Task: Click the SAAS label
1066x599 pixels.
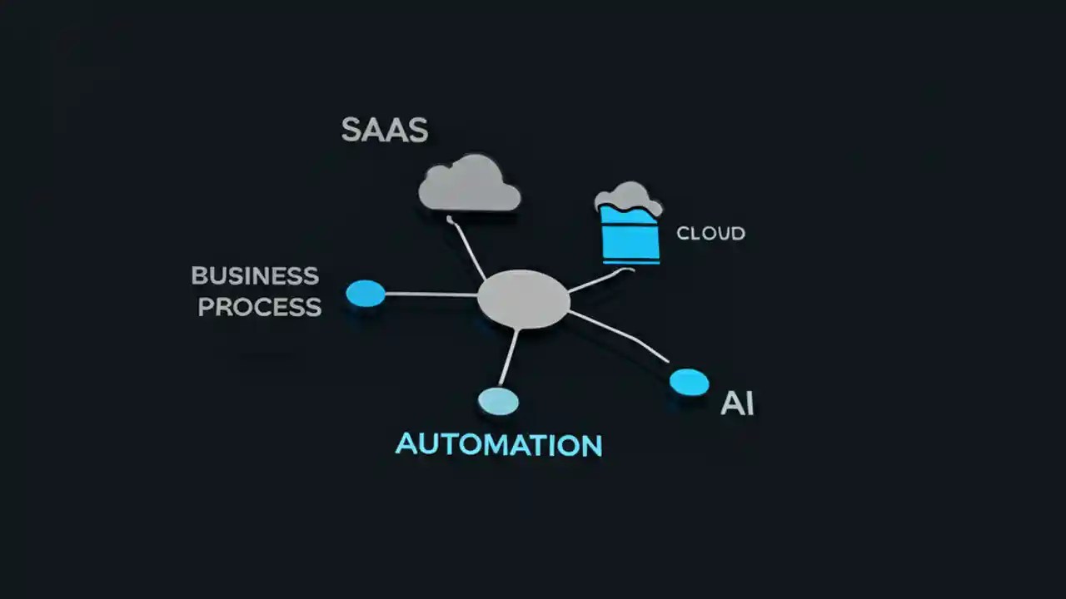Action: pos(385,131)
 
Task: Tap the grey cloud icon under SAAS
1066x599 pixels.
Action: pos(469,185)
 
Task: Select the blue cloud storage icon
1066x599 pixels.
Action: pos(630,234)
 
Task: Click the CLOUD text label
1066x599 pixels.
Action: pos(710,234)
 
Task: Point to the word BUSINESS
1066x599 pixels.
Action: pos(255,275)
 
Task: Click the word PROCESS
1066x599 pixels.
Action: pos(259,307)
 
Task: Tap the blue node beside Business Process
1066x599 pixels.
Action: pos(366,293)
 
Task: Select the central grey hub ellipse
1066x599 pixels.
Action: pos(524,299)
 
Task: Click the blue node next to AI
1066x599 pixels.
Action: pos(689,382)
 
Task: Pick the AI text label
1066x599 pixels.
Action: pos(737,403)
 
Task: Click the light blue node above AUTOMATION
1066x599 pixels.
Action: pos(498,401)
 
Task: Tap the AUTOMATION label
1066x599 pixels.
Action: pos(498,444)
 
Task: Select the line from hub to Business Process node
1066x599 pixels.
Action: pos(431,295)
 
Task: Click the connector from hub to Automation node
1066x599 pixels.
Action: pos(509,358)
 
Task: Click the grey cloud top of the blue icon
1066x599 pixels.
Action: pos(629,196)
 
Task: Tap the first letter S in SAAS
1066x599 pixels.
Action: pos(352,131)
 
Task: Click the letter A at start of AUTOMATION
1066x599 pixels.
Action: pos(406,444)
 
